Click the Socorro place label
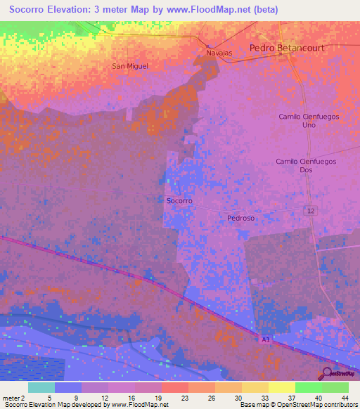point(179,201)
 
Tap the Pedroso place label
point(240,218)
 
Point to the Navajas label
point(218,53)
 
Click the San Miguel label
point(130,66)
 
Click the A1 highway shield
point(266,339)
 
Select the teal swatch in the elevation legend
point(41,387)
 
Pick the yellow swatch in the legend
point(281,387)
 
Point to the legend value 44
point(344,397)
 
